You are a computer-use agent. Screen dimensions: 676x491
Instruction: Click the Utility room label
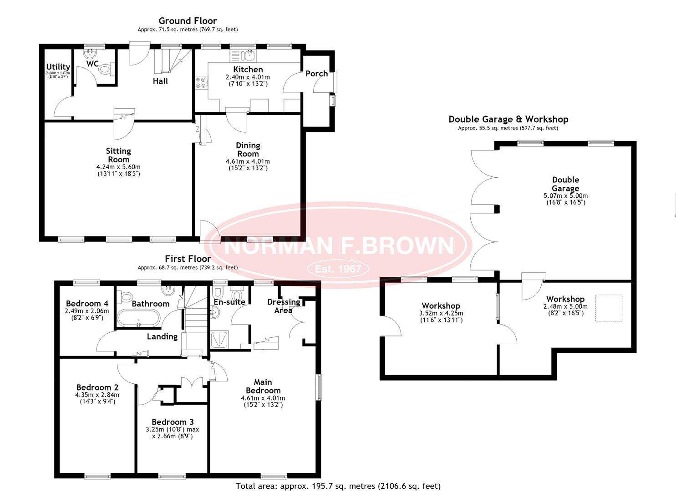pos(58,67)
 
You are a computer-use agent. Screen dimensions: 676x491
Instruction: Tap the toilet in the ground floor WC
pos(106,69)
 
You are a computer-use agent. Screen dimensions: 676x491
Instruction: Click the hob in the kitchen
pos(201,83)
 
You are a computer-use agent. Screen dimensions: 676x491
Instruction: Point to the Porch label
pos(316,74)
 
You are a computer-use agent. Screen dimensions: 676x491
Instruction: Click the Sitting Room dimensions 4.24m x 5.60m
pos(118,167)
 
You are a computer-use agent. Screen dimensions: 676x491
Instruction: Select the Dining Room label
pos(248,150)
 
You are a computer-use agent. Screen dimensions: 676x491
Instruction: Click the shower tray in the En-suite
pos(220,340)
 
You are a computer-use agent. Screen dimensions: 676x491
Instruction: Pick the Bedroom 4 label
pos(87,304)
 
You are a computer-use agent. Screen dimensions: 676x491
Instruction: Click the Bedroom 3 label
pos(173,422)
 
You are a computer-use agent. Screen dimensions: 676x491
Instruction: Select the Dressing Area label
pos(284,306)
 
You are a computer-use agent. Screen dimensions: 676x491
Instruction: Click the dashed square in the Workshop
pos(609,308)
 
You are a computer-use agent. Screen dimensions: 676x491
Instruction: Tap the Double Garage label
pos(565,184)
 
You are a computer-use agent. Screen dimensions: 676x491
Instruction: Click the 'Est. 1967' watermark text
pos(338,269)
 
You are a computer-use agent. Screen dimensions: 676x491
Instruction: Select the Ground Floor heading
pos(188,21)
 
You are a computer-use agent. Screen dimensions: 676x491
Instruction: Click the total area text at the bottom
pos(338,486)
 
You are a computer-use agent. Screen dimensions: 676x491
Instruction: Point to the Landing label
pos(162,337)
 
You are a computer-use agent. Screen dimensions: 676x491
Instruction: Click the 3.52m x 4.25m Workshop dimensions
pos(441,314)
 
